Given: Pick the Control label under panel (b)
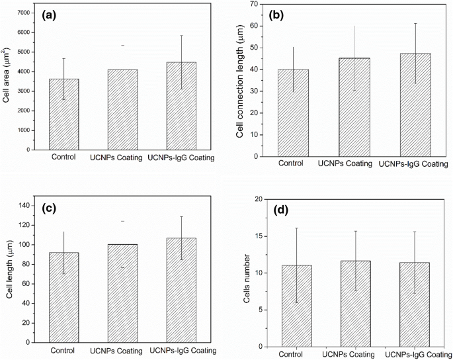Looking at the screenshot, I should tap(291, 163).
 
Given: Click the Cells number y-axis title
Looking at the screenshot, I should tap(247, 271).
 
